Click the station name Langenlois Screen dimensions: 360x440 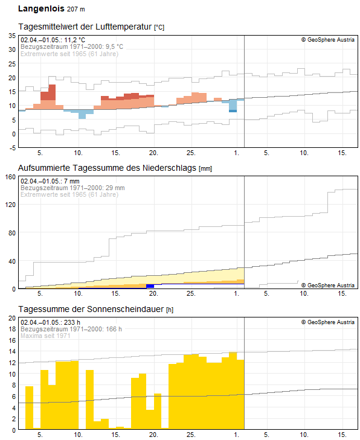click(41, 8)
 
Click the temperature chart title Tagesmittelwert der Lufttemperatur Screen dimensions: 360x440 click(85, 27)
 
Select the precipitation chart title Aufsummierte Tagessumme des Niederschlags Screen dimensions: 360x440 click(108, 168)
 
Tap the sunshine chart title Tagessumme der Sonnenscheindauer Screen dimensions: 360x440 click(91, 309)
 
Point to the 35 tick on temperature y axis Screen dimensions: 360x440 click(12, 36)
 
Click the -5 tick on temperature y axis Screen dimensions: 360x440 click(12, 148)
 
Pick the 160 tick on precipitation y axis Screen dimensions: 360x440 click(10, 177)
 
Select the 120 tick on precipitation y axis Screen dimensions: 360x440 click(10, 205)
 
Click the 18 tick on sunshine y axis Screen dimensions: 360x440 click(12, 329)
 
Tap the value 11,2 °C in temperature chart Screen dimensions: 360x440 click(74, 40)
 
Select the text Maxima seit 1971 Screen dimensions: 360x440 click(45, 336)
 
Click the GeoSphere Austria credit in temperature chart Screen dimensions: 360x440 click(328, 40)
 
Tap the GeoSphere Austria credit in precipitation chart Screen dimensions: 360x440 click(328, 285)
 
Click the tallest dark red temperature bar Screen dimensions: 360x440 click(52, 92)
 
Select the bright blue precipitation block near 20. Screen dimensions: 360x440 click(150, 286)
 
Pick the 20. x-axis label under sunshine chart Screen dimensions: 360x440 click(153, 435)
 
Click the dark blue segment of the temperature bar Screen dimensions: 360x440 click(233, 111)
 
